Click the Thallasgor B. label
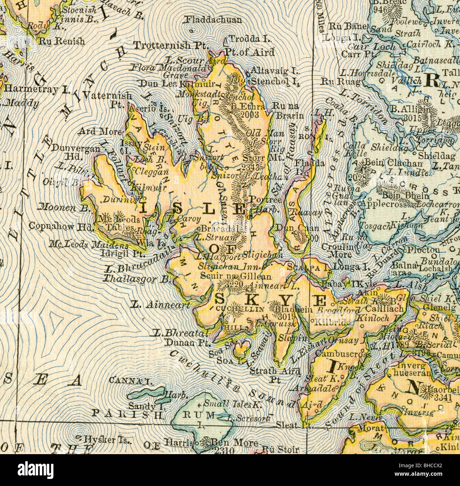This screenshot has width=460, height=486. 136,278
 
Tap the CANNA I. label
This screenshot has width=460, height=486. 131,381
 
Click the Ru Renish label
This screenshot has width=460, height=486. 62,41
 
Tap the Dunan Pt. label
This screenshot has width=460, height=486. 188,342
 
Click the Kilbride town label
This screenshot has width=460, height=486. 333,323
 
